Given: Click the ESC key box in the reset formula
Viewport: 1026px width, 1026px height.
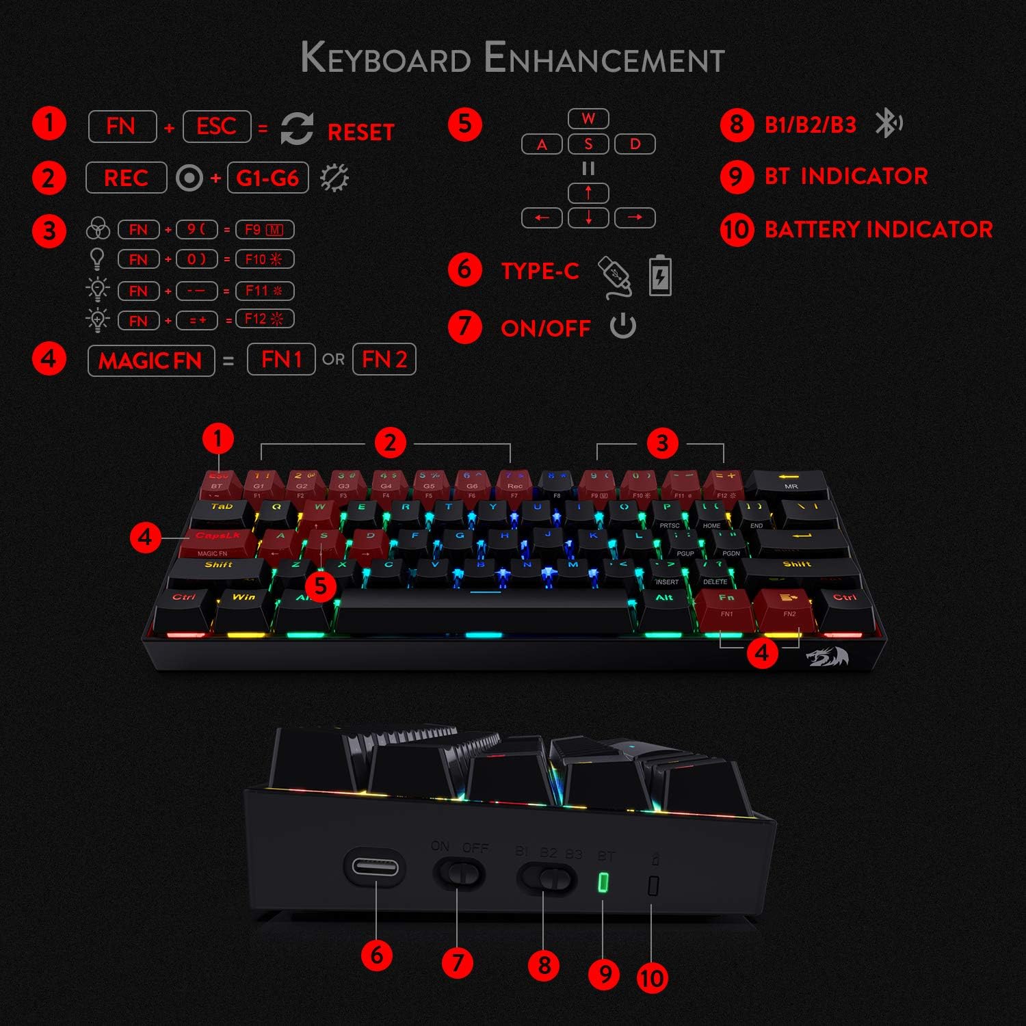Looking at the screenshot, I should tap(217, 127).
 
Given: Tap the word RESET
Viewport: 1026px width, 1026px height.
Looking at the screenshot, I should tap(361, 132).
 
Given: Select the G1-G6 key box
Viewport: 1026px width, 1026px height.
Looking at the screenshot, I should tap(267, 178).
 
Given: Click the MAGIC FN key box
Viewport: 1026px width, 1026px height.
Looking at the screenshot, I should tap(151, 360).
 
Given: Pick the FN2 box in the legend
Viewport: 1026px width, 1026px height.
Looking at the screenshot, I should tap(384, 359).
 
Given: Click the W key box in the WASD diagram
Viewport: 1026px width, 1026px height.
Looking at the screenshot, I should tap(588, 118).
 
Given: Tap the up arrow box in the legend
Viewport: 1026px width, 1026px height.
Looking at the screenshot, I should tap(588, 193).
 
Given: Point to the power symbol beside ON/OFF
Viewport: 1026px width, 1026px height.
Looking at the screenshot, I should tap(623, 326).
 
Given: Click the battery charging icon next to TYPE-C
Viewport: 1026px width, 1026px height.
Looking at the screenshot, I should tap(660, 276).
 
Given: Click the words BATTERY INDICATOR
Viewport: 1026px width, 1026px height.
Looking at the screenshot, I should tap(878, 229).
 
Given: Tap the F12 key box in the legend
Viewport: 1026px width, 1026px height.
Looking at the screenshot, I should tap(264, 319).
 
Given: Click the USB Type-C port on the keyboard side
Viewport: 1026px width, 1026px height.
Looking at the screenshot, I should tap(375, 867).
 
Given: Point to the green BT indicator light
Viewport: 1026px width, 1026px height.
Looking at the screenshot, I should tap(603, 882).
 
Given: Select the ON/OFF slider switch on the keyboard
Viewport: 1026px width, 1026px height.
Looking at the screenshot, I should tap(459, 873).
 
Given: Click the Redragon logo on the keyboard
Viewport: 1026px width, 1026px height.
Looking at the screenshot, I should tap(828, 657).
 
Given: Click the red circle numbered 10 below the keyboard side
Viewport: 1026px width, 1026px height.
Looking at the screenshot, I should tap(651, 977).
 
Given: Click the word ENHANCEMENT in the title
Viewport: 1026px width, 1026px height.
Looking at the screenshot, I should tap(604, 58).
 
